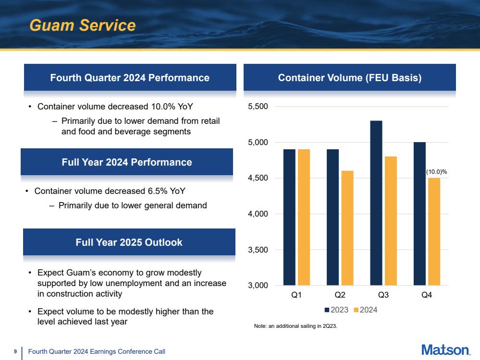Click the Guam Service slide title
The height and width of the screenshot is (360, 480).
point(82,25)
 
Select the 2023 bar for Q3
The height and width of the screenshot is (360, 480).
point(376,203)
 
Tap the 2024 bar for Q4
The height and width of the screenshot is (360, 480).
point(434,231)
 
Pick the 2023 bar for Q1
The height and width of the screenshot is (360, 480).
point(289,217)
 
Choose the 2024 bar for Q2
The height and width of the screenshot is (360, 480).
point(347,228)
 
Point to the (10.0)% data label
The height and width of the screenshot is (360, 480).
point(436,171)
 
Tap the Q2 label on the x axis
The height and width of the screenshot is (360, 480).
point(340,296)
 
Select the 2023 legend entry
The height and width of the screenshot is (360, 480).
point(336,310)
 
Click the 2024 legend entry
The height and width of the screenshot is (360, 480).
point(365,310)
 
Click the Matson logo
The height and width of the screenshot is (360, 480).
point(445,350)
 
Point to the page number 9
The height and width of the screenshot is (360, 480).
point(15,352)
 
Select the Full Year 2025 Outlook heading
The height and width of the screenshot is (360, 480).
point(129,242)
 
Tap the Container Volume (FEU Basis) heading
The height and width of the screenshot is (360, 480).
point(350,78)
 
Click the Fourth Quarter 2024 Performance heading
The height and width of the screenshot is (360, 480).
point(130,78)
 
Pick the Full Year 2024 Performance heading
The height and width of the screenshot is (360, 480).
point(127,162)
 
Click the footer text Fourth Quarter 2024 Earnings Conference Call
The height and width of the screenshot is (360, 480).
point(97,352)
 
